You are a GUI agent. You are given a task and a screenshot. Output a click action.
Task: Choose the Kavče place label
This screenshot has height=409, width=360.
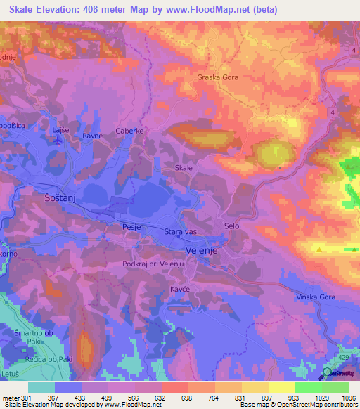click(x=179, y=289)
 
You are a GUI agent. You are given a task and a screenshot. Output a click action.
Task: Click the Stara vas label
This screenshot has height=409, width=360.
click(x=179, y=232)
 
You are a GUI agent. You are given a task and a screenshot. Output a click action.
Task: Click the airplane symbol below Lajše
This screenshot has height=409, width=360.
click(x=57, y=139)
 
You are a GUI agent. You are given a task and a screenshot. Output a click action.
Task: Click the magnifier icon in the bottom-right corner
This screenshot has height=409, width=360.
click(x=329, y=373)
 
